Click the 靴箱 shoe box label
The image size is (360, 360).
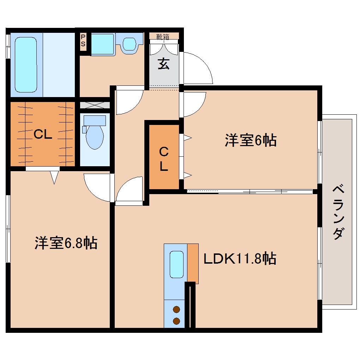[x=163, y=36]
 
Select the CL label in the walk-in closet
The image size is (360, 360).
[x=43, y=134]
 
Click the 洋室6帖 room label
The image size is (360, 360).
[x=250, y=141]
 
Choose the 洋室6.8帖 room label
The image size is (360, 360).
[x=66, y=243]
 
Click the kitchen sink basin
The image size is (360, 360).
[x=176, y=264]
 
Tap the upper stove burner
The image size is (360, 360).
[x=176, y=310]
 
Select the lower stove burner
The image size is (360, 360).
[x=176, y=321]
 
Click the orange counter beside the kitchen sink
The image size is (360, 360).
[x=193, y=263]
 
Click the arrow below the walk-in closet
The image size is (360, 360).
[x=54, y=177]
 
